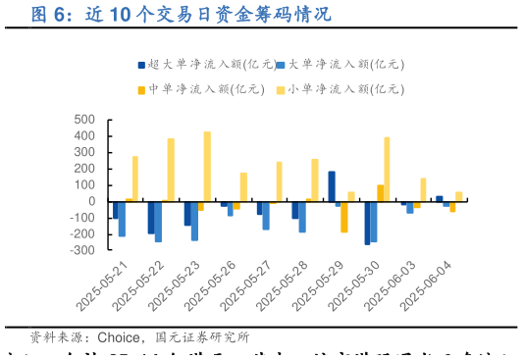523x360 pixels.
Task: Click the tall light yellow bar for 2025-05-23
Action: point(207,167)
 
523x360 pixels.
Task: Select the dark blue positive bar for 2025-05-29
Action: point(332,186)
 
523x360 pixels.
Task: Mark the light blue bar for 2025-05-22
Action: point(158,222)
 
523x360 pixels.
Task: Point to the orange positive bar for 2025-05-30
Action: point(381,193)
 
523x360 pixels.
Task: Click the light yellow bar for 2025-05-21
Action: point(134,179)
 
